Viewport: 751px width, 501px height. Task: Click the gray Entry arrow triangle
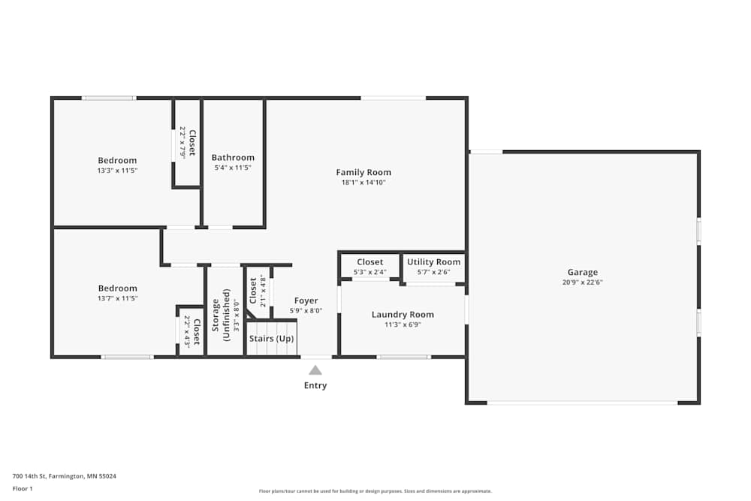pos(315,370)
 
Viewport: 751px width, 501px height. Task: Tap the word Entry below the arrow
pos(315,385)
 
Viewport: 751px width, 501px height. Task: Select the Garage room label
pos(582,273)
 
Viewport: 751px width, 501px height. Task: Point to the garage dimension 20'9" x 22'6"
pos(582,283)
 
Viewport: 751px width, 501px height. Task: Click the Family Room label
pos(363,172)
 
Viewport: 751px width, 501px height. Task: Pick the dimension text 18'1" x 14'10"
pos(363,183)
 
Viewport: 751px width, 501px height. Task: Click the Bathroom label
pos(233,158)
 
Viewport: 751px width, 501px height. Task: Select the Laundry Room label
pos(403,315)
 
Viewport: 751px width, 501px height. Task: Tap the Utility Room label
pos(433,262)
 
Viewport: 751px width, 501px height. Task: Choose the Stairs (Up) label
pos(272,339)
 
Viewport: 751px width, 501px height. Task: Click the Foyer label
pos(306,300)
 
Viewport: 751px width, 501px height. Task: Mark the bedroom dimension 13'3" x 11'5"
pos(117,171)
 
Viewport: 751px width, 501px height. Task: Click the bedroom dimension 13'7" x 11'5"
pos(117,298)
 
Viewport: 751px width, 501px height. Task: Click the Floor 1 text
pos(23,488)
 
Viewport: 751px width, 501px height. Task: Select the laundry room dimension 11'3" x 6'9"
pos(403,325)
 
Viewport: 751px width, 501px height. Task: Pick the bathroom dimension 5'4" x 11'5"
pos(233,168)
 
